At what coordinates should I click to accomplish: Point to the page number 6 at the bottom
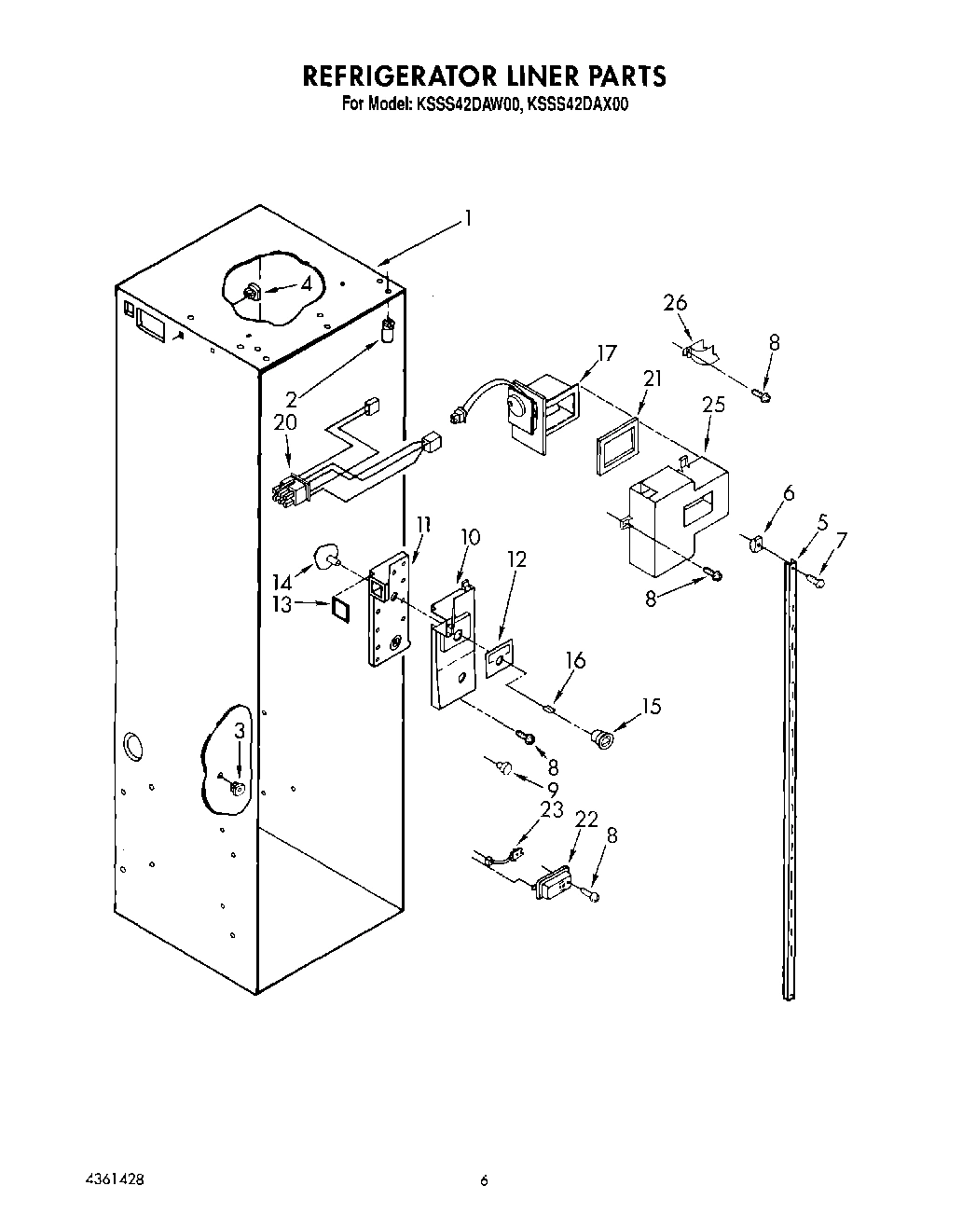(x=484, y=1180)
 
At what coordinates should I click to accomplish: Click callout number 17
(x=607, y=353)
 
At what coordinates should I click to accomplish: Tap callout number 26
(x=675, y=303)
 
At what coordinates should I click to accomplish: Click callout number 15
(x=652, y=707)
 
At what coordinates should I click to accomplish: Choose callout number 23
(x=553, y=810)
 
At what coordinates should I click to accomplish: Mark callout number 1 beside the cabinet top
(x=469, y=219)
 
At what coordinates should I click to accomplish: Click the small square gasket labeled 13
(x=341, y=607)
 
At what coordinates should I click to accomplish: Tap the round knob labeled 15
(x=604, y=740)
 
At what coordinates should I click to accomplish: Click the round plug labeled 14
(x=328, y=557)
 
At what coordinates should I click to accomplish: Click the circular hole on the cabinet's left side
(x=133, y=745)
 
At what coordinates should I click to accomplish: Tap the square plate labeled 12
(x=500, y=656)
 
